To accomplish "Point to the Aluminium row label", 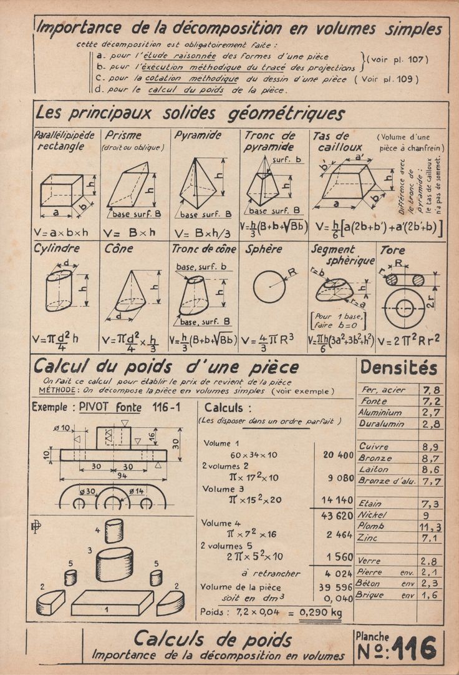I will click(x=380, y=413).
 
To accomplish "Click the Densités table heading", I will click(x=399, y=368).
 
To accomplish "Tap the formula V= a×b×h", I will click(x=61, y=232).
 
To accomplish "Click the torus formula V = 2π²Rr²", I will click(x=411, y=340).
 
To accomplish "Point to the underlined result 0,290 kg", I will click(x=321, y=612).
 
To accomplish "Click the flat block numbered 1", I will click(x=112, y=603).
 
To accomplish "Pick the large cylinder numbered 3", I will click(x=114, y=564).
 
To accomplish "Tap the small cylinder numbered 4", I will click(x=114, y=531).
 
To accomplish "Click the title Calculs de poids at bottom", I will click(x=212, y=639).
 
